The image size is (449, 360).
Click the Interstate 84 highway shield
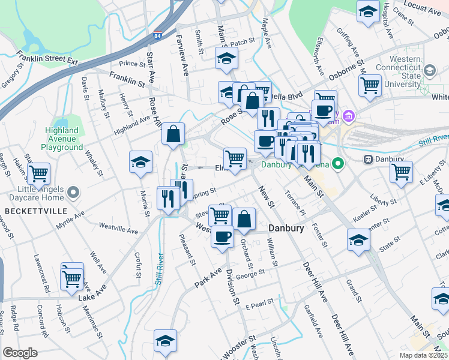tap(158, 36)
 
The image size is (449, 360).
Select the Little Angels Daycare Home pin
tap(74, 193)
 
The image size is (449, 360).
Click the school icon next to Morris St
tap(141, 162)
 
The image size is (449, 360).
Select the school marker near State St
tap(358, 241)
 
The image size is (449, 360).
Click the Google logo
tap(20, 353)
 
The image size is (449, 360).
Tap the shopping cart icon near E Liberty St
tap(401, 172)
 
